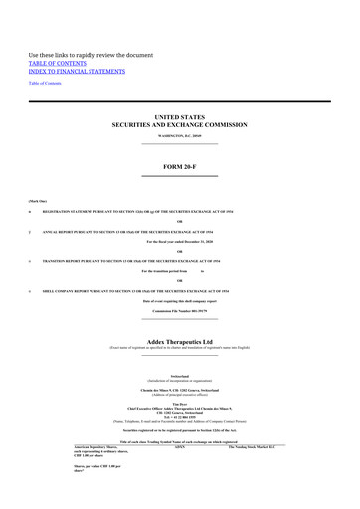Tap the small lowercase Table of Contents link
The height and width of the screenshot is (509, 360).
coord(44,83)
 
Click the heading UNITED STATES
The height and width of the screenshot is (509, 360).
coord(179,117)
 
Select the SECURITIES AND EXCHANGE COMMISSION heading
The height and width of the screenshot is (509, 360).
coord(179,125)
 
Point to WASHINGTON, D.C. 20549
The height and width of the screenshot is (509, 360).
coord(179,134)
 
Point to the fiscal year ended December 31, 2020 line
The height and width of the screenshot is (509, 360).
coord(179,242)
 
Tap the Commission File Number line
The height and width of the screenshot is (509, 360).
coord(179,310)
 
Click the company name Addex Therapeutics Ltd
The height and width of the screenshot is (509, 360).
coord(179,340)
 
